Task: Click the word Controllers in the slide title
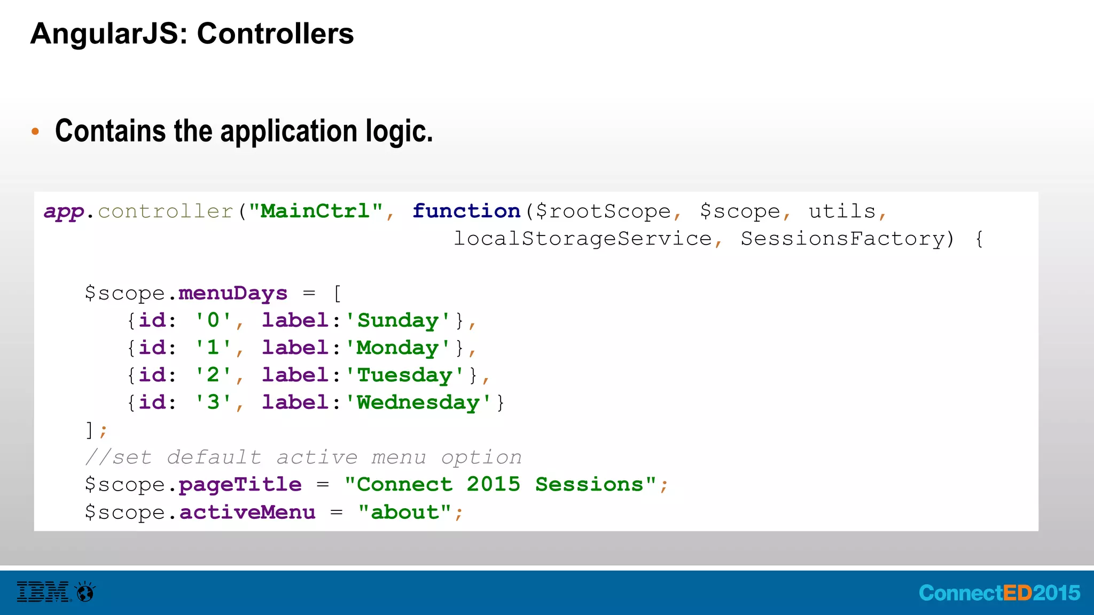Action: coord(275,34)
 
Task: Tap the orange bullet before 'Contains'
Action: coord(35,131)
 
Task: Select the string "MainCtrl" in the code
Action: coord(316,211)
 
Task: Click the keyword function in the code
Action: coord(466,211)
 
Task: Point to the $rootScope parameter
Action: coord(603,211)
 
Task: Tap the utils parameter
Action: coord(842,211)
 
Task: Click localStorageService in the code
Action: coord(583,239)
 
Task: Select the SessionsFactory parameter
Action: coord(842,239)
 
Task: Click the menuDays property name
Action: coord(233,294)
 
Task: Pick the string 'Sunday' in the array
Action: coord(397,321)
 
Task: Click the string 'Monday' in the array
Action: coord(397,348)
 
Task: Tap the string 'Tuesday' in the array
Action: coord(404,375)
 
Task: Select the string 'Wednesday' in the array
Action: coord(418,403)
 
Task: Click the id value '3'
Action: coord(213,403)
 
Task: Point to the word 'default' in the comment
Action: coord(214,458)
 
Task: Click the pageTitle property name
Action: coord(240,485)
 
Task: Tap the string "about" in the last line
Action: coord(404,512)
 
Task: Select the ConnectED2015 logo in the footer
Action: coord(999,593)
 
